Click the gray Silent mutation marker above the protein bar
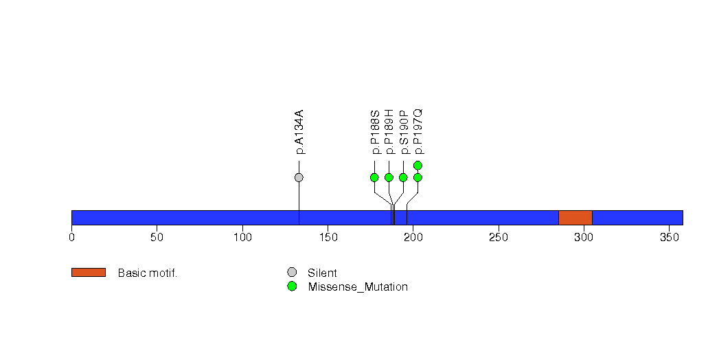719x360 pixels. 299,177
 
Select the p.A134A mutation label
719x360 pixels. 299,132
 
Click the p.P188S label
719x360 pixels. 375,132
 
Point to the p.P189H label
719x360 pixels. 389,132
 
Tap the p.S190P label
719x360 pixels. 404,132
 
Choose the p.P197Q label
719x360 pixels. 418,132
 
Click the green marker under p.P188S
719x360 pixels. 375,177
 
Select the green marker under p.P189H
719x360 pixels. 389,177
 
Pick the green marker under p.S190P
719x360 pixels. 404,177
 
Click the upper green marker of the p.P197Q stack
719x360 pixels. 418,165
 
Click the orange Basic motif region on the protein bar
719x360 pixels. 575,218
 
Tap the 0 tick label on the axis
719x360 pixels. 71,238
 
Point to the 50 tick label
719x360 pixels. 157,238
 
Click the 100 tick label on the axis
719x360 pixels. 242,238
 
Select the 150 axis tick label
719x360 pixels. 328,238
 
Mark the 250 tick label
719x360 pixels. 499,238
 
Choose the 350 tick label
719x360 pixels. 669,238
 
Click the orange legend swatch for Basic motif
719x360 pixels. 89,273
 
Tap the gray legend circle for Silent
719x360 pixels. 292,273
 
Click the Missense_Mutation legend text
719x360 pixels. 358,287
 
